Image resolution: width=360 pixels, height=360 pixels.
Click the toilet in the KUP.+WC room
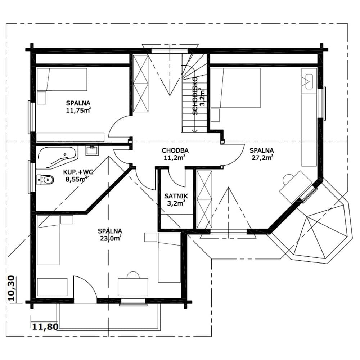tap(45, 180)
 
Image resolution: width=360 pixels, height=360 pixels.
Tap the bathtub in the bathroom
tap(57, 157)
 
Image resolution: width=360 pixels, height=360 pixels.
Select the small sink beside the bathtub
tap(92, 150)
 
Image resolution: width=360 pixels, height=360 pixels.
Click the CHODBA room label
tap(175, 150)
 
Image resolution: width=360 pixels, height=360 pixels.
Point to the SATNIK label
tap(176, 196)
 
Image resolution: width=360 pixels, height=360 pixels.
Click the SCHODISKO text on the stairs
tap(195, 96)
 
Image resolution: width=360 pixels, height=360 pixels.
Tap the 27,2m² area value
tap(262, 158)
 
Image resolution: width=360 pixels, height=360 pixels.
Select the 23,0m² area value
tap(111, 238)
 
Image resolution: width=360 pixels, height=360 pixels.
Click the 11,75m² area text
tap(78, 110)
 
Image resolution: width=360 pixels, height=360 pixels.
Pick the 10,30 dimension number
tap(12, 288)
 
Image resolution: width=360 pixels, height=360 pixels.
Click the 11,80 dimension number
tap(45, 327)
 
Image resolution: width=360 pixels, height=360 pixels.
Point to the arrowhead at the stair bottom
tap(195, 131)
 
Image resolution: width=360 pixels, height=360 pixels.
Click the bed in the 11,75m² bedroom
tap(62, 79)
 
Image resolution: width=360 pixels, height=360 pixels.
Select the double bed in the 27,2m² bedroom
tap(235, 88)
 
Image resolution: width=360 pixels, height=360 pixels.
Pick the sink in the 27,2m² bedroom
tap(309, 81)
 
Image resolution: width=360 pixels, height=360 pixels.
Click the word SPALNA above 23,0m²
tap(110, 231)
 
